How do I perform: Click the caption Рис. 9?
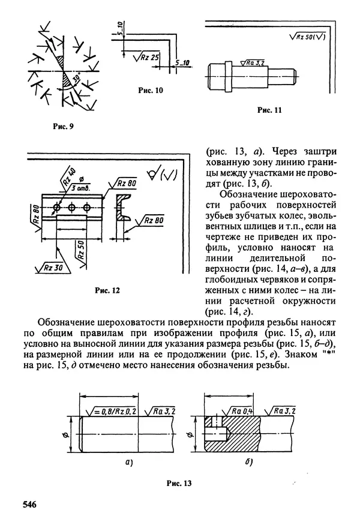click(62, 127)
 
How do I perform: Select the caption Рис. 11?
click(269, 110)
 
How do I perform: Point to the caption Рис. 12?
click(108, 291)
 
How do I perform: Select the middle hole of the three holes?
click(72, 208)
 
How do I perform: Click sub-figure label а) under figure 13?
click(128, 463)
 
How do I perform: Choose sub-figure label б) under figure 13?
click(248, 463)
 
